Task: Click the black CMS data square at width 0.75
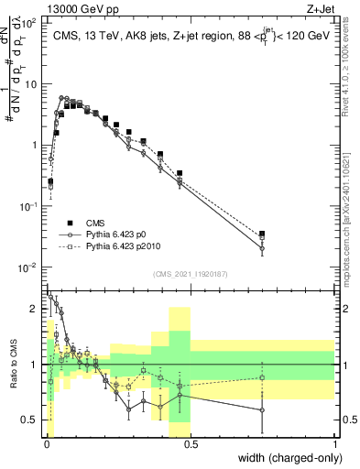point(262,234)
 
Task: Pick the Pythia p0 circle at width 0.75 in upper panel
point(262,248)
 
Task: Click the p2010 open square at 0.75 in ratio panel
point(262,377)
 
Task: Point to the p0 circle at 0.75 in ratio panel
point(262,409)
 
